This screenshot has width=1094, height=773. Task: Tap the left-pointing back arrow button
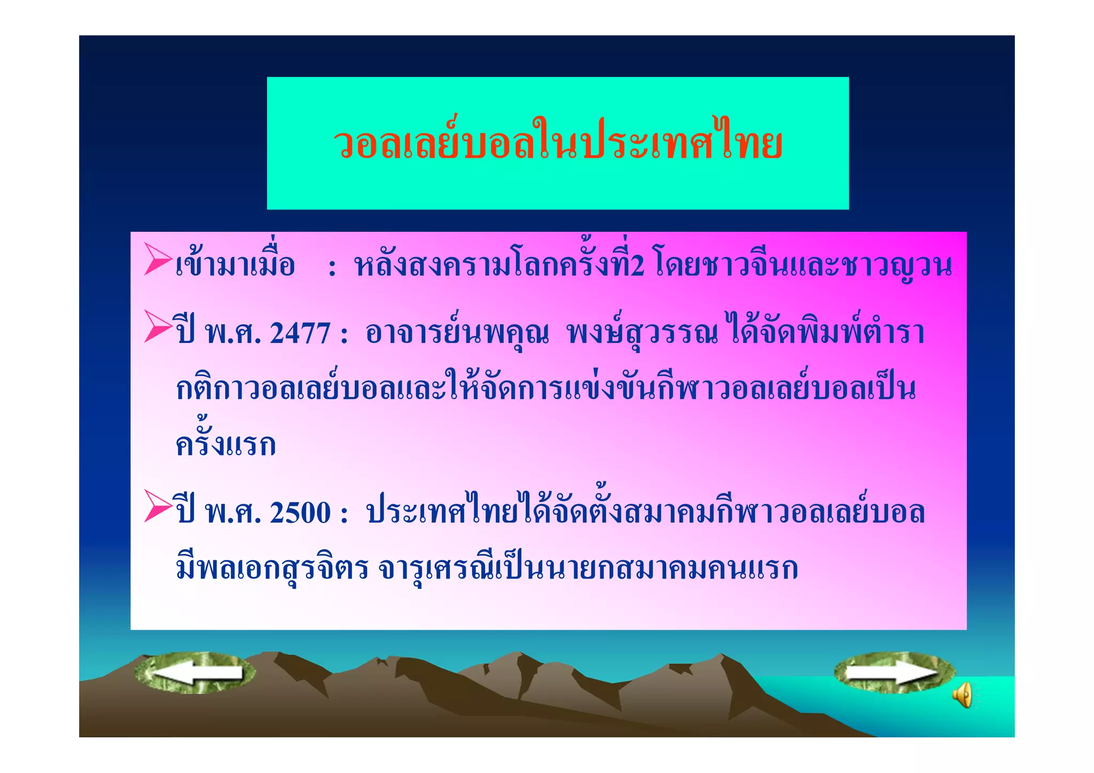pos(196,673)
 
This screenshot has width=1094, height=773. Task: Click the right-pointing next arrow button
pos(894,673)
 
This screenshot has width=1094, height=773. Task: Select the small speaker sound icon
pos(963,695)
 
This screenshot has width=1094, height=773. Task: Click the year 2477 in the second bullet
pos(300,333)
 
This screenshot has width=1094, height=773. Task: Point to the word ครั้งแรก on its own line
pos(225,444)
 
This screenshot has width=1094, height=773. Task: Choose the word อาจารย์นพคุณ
pos(457,333)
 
